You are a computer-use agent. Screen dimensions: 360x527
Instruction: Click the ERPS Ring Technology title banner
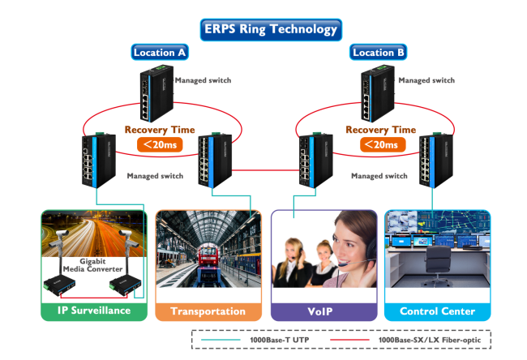pos(270,29)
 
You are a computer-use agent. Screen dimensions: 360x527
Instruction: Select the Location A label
pos(160,53)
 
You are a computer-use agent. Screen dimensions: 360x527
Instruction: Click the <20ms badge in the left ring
pos(159,144)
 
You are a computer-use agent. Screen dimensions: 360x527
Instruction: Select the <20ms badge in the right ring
pos(381,144)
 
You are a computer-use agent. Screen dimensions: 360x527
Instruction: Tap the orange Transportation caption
pos(208,311)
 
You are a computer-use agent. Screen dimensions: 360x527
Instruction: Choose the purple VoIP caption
pos(323,311)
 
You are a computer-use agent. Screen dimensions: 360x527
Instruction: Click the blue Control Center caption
pos(438,311)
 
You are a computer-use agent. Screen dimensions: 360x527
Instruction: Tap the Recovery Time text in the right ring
pos(380,130)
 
